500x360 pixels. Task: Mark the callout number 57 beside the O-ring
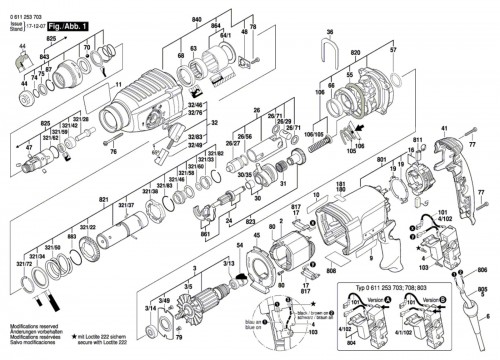(x=392, y=48)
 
